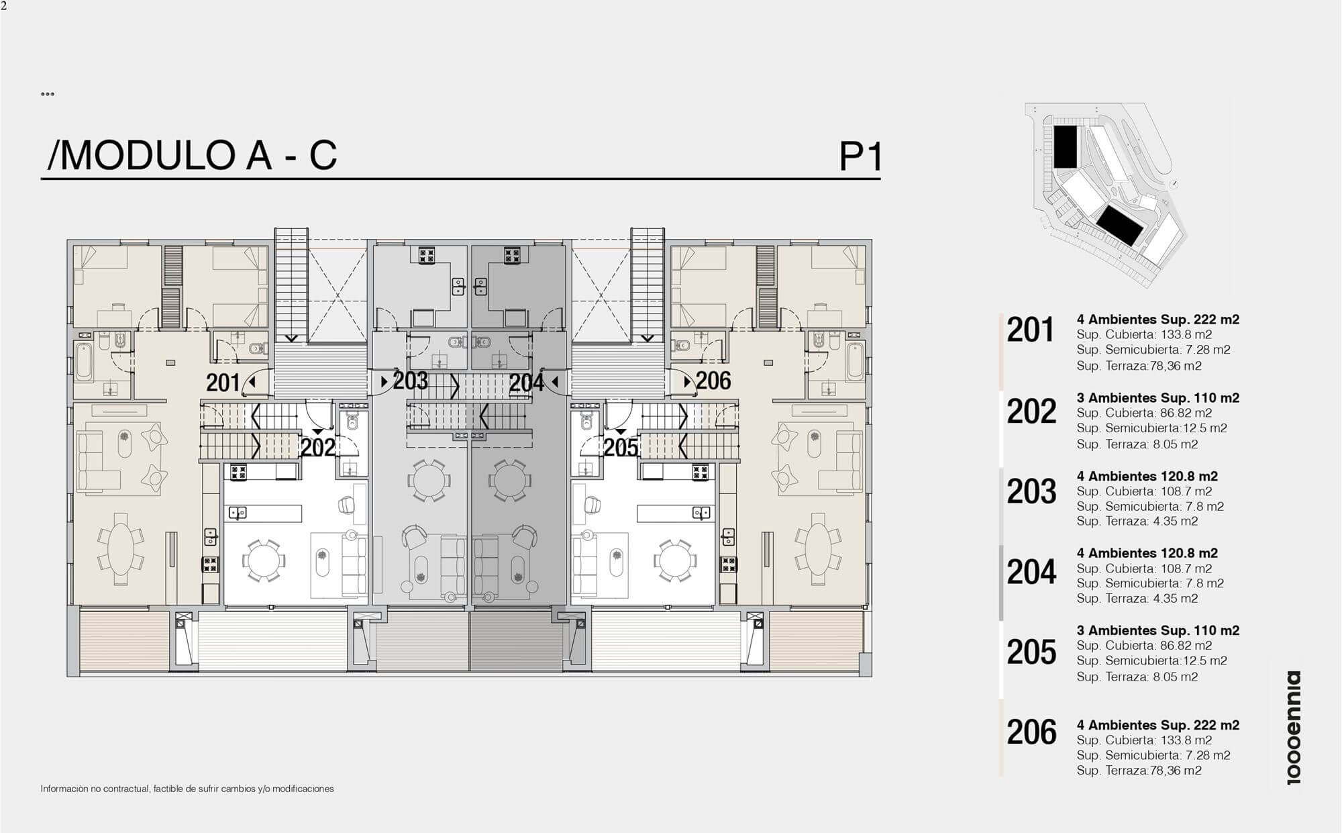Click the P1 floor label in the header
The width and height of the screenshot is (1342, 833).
click(860, 156)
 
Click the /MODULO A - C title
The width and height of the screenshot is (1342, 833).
click(192, 155)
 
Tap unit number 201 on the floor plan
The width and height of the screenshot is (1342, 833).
click(223, 383)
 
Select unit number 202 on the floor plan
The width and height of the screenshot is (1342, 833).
click(318, 447)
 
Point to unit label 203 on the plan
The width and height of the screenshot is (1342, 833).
click(410, 381)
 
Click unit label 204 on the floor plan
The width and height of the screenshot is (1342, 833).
click(526, 383)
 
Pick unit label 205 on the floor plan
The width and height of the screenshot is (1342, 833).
click(621, 447)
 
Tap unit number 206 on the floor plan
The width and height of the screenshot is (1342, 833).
click(713, 381)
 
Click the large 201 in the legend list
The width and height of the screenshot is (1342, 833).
click(1031, 330)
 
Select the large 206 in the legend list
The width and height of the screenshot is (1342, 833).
click(1031, 732)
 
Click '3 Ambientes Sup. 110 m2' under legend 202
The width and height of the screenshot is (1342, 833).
click(1158, 397)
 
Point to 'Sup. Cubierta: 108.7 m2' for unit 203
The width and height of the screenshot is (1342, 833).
click(1144, 491)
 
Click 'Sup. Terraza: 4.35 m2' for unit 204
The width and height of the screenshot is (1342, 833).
click(1137, 598)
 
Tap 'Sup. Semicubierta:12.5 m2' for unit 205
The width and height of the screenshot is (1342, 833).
click(1151, 660)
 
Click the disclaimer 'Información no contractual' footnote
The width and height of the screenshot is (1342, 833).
click(187, 789)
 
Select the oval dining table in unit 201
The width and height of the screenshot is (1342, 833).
click(121, 549)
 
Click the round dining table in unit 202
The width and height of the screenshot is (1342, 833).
click(263, 560)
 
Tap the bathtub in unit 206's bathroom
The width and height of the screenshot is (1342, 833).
click(855, 362)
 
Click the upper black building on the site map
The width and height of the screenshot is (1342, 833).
click(1065, 146)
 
